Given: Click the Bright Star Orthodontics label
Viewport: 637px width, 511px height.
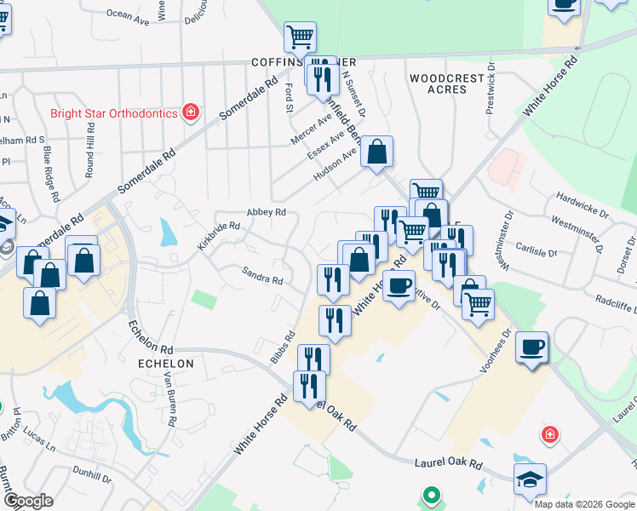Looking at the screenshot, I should click(x=113, y=112).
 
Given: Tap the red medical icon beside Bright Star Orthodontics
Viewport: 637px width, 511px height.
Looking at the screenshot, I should click(x=192, y=112).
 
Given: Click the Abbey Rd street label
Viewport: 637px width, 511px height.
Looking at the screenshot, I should click(x=266, y=212).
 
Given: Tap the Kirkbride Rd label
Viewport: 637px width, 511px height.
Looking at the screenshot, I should click(x=219, y=235).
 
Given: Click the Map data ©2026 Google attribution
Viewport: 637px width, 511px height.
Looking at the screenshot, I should click(x=583, y=503).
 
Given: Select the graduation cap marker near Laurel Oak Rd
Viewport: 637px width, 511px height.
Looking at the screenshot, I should click(x=530, y=479).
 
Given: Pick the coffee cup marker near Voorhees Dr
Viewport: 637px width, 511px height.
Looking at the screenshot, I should click(x=532, y=347).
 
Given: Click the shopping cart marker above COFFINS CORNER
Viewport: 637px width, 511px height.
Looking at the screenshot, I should click(x=300, y=37).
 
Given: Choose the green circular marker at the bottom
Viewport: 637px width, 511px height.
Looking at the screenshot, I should click(x=432, y=494).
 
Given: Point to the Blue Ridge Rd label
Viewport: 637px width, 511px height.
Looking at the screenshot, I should click(x=51, y=176).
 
